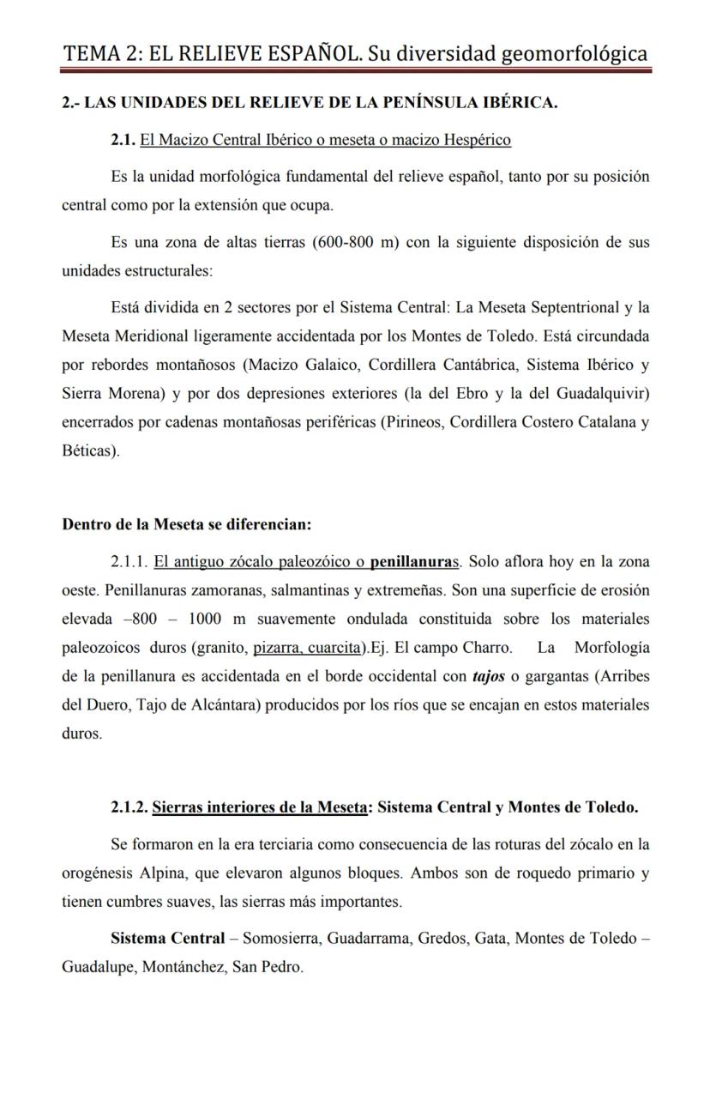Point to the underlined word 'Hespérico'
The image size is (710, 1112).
click(x=475, y=140)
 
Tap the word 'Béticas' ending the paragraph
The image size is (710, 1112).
click(x=88, y=450)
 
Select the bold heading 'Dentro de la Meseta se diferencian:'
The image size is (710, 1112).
click(x=186, y=524)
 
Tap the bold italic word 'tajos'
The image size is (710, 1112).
click(x=488, y=675)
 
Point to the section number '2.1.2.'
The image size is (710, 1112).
click(x=129, y=807)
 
